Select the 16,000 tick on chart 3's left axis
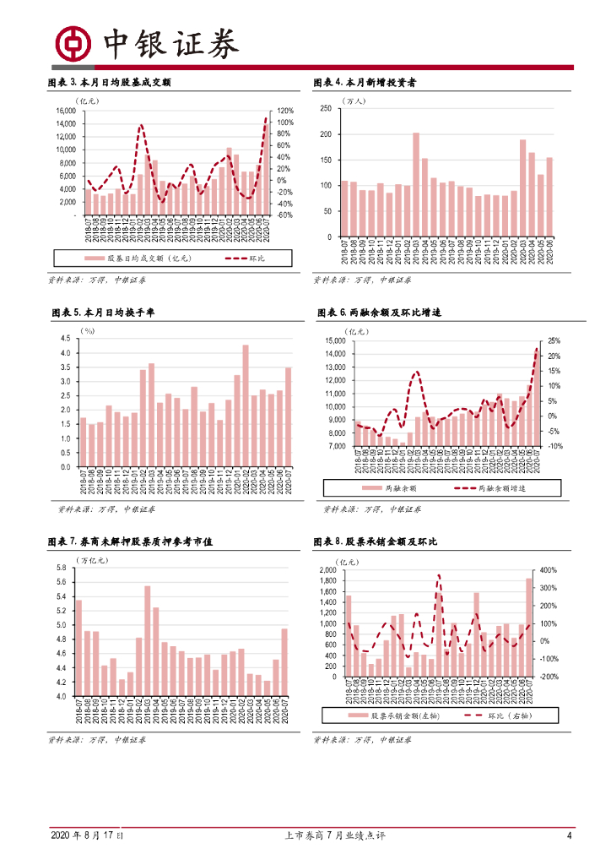[x=65, y=111]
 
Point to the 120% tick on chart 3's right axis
[x=284, y=111]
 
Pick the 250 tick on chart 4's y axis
[x=326, y=109]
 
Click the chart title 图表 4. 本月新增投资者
[x=365, y=82]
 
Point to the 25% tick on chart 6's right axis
[x=554, y=340]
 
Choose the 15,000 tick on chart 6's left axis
[x=336, y=340]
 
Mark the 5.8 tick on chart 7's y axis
[x=60, y=568]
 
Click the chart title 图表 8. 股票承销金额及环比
[x=372, y=541]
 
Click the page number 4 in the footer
[x=570, y=835]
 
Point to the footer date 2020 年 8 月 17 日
[x=87, y=835]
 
